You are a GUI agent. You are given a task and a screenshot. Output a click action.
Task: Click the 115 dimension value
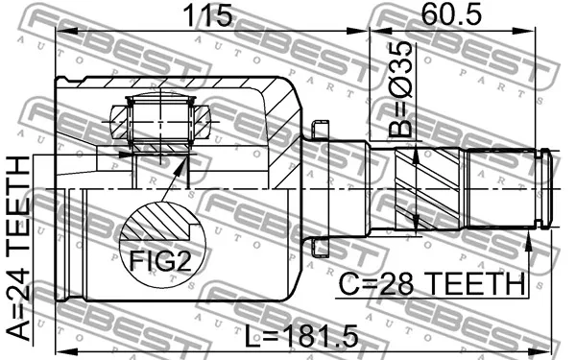(x=208, y=15)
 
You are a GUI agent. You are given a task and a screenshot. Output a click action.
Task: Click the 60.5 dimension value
(x=451, y=14)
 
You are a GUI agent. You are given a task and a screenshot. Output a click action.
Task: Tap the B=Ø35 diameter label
(x=401, y=89)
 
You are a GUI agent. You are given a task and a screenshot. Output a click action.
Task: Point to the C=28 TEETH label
(x=432, y=283)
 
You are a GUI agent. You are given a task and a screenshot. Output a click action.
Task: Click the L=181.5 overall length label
(x=301, y=336)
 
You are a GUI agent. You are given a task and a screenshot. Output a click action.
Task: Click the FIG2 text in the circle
(x=160, y=261)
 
